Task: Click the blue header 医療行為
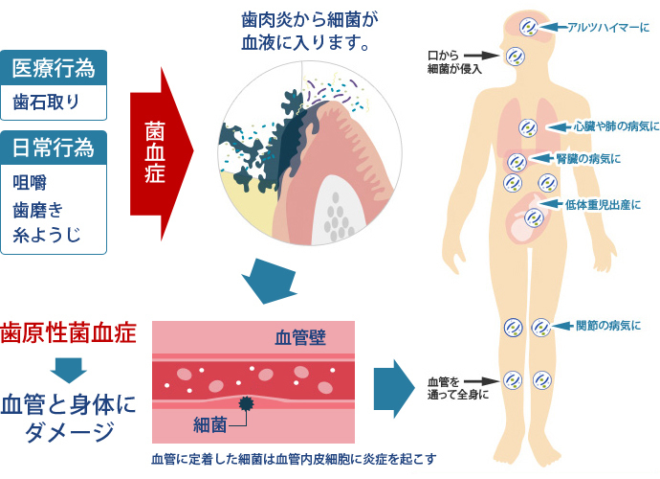54,68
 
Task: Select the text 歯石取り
46,102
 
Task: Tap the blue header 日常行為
54,148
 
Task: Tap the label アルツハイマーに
602,29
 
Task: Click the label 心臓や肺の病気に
616,125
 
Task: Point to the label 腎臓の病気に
588,157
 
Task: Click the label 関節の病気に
608,325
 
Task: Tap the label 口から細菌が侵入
453,61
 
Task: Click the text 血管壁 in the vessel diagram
299,337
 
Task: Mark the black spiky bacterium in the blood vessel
248,403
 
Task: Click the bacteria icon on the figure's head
527,27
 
